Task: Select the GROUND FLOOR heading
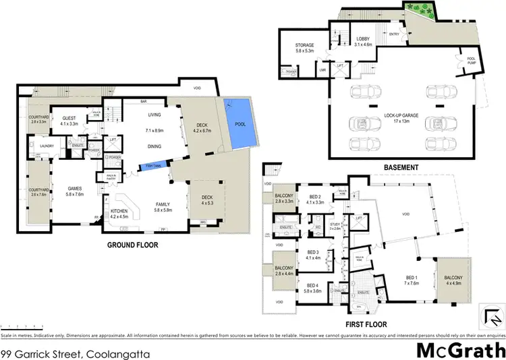click(133, 245)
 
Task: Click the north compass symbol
click(491, 315)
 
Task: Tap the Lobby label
click(364, 42)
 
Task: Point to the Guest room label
click(69, 121)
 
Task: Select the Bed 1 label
click(412, 279)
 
